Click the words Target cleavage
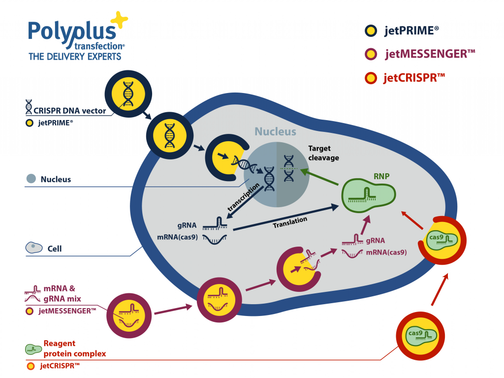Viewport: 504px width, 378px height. (x=323, y=153)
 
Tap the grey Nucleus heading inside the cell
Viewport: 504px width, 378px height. (x=275, y=132)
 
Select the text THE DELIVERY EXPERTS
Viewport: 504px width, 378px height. (x=75, y=57)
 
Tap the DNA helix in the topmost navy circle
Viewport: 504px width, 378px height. (x=127, y=94)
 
